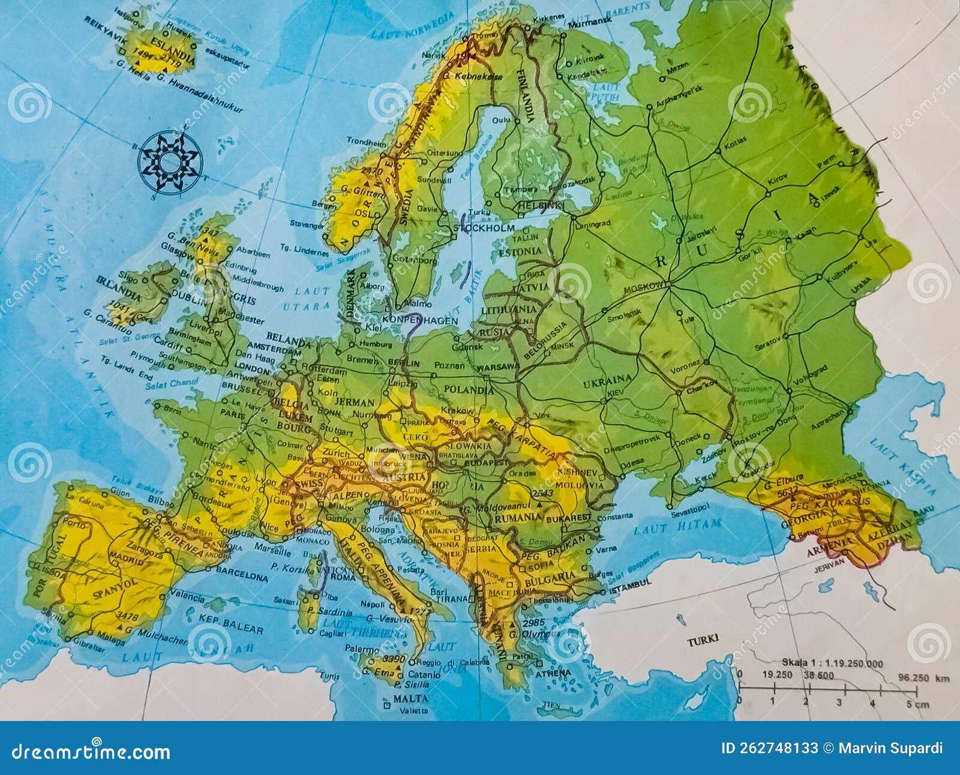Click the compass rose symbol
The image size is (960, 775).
pos(170,162)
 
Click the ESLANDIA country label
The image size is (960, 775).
pos(173,50)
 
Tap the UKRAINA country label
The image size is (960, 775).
pos(607,379)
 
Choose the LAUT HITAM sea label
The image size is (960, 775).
pos(677,527)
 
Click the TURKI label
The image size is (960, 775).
pos(703,640)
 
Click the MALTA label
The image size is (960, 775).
pos(410,699)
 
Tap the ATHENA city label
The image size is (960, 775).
pos(553,673)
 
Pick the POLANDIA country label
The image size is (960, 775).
pos(468,390)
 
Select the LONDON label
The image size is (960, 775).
pos(252,365)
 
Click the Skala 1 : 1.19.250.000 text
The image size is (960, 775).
pos(832,663)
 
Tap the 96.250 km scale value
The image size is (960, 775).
pos(924,678)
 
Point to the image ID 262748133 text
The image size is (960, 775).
pos(770,748)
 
